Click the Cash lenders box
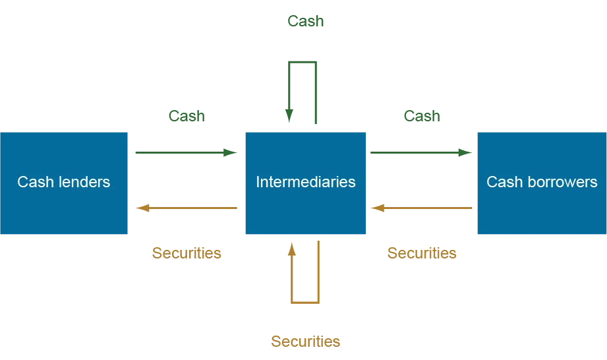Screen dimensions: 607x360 tap(64, 183)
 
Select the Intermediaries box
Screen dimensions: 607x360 tap(305, 183)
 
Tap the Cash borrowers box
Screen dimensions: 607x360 tap(542, 183)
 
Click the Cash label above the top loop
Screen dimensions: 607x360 tap(305, 21)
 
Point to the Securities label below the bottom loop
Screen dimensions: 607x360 tap(305, 342)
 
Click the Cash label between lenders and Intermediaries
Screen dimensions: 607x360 tap(187, 116)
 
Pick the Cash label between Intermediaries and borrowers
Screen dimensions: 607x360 tap(422, 116)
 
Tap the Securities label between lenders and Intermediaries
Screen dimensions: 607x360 tap(187, 253)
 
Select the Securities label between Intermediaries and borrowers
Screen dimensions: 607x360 tap(422, 253)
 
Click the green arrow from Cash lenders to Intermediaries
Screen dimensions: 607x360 tap(187, 152)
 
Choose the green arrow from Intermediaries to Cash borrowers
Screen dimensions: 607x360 tap(421, 152)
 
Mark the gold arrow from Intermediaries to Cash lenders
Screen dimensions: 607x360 tap(187, 208)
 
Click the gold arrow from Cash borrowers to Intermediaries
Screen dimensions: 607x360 tap(421, 208)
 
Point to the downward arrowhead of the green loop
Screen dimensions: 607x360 tap(289, 115)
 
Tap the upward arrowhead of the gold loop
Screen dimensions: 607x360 tap(292, 249)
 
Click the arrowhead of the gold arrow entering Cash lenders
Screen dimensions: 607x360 tap(142, 208)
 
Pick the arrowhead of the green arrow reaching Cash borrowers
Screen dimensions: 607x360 tap(465, 152)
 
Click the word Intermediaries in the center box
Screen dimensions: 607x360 tap(305, 182)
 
